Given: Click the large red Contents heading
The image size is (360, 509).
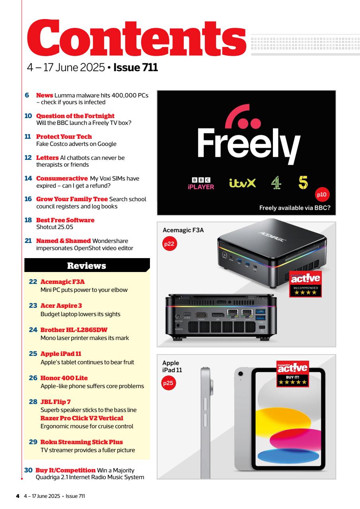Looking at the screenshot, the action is [x=136, y=38].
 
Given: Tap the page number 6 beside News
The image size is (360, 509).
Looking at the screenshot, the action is [x=27, y=95].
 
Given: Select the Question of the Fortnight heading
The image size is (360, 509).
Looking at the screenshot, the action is [x=75, y=116].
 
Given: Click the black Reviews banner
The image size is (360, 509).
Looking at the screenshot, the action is [x=87, y=265].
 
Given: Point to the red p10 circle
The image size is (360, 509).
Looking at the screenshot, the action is [x=322, y=194].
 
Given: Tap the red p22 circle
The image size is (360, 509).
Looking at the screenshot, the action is [x=169, y=244].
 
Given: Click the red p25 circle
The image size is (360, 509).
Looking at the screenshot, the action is [x=168, y=383].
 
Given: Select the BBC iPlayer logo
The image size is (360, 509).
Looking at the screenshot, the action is [x=201, y=183].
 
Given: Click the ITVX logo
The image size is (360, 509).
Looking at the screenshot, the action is [x=242, y=183].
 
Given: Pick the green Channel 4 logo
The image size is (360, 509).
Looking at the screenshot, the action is [x=276, y=183].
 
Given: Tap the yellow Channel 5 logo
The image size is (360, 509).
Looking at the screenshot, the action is [x=303, y=183].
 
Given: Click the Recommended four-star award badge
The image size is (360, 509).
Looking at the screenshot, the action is [x=306, y=284].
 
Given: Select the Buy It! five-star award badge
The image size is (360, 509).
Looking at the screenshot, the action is [x=293, y=374].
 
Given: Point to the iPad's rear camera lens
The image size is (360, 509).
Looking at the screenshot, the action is [x=240, y=374].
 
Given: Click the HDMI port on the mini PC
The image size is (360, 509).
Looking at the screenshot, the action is [x=201, y=315].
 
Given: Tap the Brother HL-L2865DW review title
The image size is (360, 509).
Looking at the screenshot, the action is [x=74, y=330].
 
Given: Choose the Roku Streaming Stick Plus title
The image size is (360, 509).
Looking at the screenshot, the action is [x=82, y=442].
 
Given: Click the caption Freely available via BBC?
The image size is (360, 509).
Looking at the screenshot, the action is [x=295, y=208].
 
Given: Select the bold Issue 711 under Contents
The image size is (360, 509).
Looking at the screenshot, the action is [x=136, y=67].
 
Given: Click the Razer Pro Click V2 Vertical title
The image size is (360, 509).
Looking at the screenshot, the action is [x=82, y=418].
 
